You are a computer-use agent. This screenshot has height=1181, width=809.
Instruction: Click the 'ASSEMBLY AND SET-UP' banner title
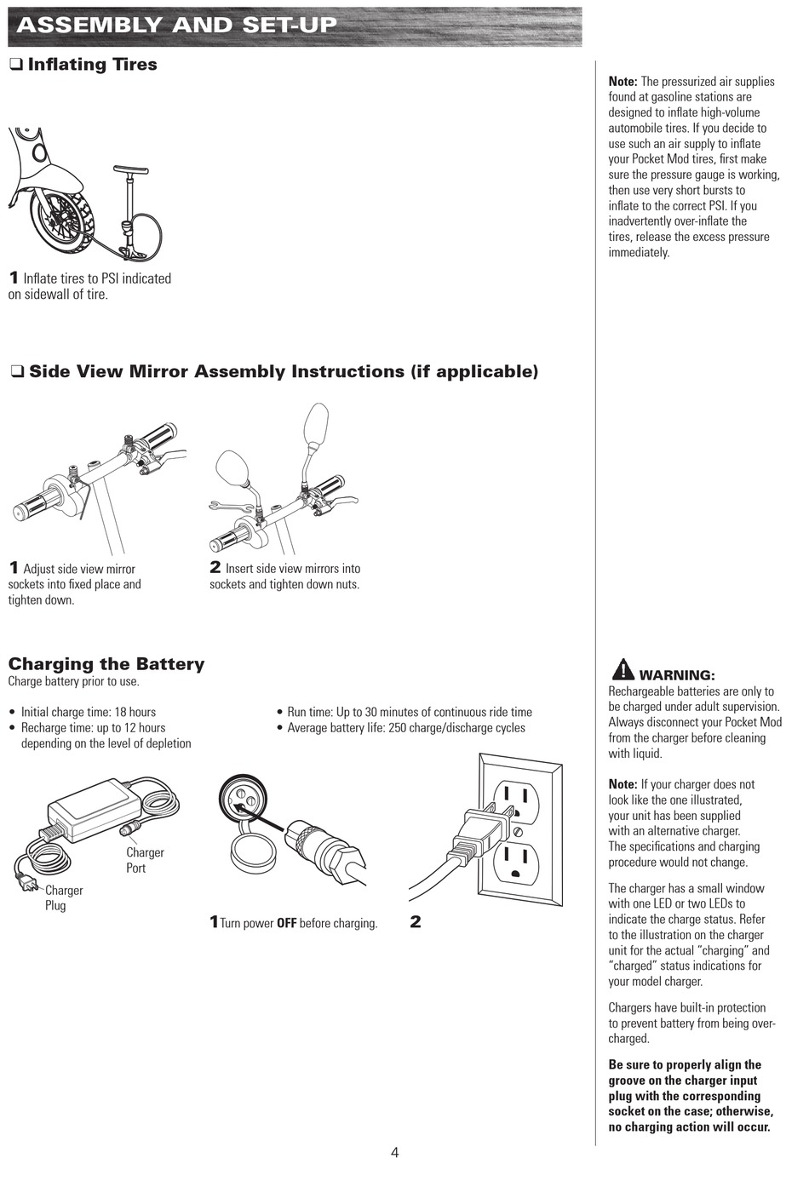[x=176, y=25]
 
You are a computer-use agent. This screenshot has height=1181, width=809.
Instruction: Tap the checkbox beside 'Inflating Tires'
[x=15, y=65]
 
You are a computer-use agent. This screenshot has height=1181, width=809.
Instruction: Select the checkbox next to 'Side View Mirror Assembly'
[x=16, y=372]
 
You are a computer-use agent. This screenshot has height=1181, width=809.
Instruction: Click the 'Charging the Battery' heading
[x=106, y=664]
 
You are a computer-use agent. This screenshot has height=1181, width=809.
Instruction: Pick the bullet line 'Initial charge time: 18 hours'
[x=88, y=712]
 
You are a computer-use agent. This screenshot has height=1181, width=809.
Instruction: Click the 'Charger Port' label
[x=145, y=860]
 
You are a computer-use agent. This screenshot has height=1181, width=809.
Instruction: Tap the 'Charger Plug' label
[x=63, y=897]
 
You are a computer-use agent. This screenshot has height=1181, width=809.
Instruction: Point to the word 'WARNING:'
[x=677, y=675]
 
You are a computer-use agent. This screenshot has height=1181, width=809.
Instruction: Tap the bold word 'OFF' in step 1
[x=286, y=923]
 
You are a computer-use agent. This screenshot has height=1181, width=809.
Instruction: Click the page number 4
[x=394, y=1153]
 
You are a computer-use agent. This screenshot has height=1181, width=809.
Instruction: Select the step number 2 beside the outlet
[x=416, y=921]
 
